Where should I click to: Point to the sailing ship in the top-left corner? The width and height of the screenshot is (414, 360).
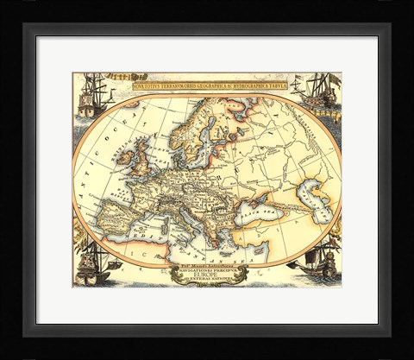[x=93, y=97]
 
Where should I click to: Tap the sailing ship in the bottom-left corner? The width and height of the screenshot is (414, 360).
[x=94, y=262]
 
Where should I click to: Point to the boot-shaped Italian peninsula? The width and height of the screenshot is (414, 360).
[x=182, y=218]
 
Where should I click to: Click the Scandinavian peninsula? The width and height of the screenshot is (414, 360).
[x=191, y=129]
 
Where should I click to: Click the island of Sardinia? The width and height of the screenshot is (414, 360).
[x=166, y=224]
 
